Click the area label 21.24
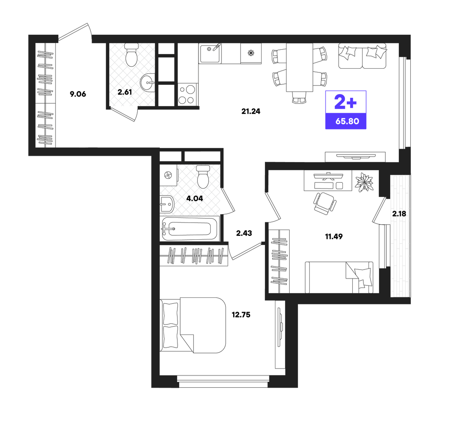coord(251,111)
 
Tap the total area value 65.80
coord(347,121)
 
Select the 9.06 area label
coord(78,94)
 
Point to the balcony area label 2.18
coord(399,213)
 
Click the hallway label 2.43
coord(244,233)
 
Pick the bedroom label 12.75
coord(241,315)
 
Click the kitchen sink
coord(210,53)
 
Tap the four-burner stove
coord(187,94)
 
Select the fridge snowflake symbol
coord(251,53)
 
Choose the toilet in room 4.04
coord(203,177)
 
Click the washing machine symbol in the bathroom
coord(168,175)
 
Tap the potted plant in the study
coord(364,182)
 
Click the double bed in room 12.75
coord(193,325)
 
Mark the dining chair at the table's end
coord(299,97)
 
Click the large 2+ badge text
coord(346,102)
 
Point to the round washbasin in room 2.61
coord(147,82)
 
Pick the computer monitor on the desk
coord(328,176)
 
